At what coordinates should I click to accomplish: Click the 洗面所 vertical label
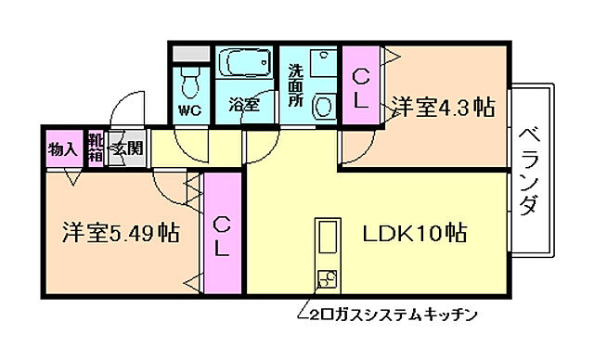pyautogui.click(x=295, y=85)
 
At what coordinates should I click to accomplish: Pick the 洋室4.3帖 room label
pyautogui.click(x=442, y=106)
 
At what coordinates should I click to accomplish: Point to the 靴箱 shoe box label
pyautogui.click(x=96, y=148)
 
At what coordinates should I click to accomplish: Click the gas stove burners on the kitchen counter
pyautogui.click(x=328, y=277)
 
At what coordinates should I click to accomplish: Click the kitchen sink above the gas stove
pyautogui.click(x=328, y=239)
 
